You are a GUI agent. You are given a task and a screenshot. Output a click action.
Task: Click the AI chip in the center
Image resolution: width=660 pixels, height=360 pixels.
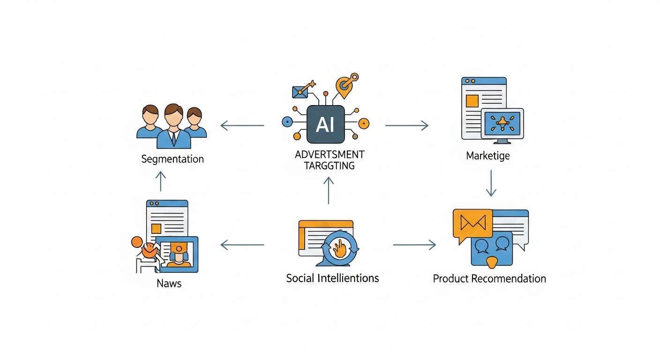325,124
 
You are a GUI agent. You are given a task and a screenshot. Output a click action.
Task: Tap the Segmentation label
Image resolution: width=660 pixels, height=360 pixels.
172,159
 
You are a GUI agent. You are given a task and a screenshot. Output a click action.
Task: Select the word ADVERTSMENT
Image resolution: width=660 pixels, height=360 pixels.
330,155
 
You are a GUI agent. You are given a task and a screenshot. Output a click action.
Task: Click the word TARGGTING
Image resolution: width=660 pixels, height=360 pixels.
330,165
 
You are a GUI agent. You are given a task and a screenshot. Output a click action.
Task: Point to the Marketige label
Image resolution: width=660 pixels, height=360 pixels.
487,156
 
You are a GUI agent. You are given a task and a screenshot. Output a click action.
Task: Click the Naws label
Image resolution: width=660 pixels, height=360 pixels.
170,283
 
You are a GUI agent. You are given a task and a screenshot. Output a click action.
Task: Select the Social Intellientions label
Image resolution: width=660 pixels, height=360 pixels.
332,278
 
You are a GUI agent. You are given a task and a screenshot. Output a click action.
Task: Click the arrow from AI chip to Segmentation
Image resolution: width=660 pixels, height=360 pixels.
242,125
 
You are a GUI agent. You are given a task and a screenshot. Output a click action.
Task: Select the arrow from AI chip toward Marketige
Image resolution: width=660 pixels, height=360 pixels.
407,125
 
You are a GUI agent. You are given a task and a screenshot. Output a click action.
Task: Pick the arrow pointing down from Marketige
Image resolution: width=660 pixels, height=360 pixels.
491,183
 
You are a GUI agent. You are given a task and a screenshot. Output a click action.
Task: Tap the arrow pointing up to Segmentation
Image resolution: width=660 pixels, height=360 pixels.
161,181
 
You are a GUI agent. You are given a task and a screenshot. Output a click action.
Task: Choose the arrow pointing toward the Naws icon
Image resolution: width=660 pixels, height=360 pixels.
242,244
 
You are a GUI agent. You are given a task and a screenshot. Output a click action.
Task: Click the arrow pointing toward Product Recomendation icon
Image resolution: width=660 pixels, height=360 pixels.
414,244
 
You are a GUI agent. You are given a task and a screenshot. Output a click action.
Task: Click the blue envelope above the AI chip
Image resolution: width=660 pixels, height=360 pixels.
300,91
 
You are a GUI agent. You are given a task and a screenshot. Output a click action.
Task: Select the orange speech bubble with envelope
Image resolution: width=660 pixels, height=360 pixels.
472,223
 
